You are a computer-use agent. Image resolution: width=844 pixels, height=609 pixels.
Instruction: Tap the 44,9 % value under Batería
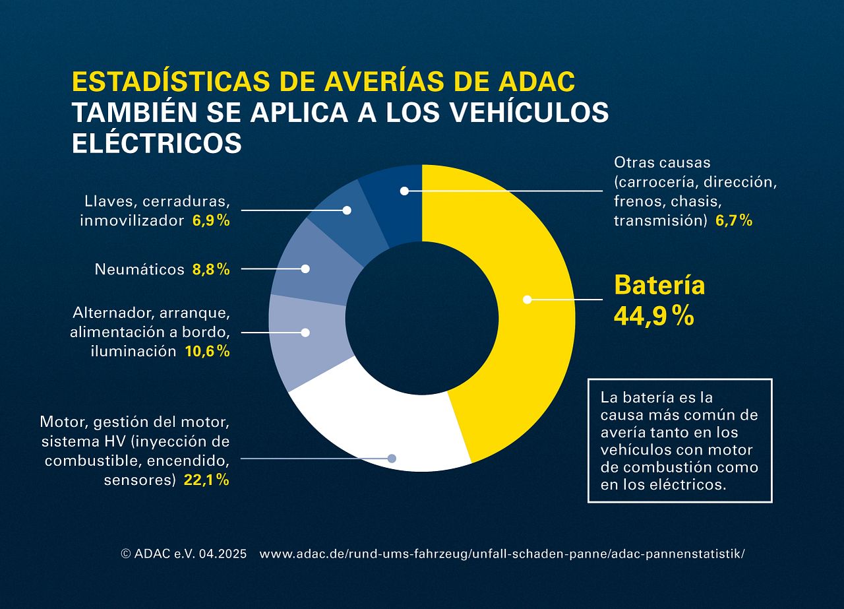click(653, 316)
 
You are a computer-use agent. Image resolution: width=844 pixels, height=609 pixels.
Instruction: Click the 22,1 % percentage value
click(206, 480)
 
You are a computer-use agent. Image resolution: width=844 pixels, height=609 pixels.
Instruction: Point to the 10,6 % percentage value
click(207, 351)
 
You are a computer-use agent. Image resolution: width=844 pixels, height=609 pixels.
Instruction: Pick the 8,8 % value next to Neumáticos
click(211, 269)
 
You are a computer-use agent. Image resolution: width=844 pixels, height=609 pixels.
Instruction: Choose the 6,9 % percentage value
click(211, 220)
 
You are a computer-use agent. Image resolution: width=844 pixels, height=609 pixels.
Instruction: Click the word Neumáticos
click(139, 269)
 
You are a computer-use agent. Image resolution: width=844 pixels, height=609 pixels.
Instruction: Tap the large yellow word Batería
click(659, 285)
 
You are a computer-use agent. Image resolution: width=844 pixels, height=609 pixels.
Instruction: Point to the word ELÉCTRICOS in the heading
click(156, 143)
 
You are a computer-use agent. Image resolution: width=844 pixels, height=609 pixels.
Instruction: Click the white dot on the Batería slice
click(527, 300)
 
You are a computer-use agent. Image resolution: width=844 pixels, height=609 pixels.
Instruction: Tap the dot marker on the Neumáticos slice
click(305, 269)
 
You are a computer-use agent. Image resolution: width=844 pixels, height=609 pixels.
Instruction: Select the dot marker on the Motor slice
click(392, 458)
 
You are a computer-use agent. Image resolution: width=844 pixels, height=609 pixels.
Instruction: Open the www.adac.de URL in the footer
click(502, 554)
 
